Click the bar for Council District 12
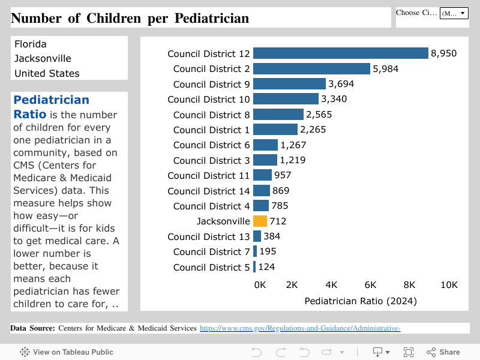pos(340,53)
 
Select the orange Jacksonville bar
pos(260,221)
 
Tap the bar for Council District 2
pos(311,69)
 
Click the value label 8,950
pos(443,53)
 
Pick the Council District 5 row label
pos(211,267)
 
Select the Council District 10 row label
pos(208,99)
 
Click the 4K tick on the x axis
pos(331,284)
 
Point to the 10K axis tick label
pos(449,284)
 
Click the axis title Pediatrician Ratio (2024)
pos(361,300)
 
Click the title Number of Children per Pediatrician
pos(130,18)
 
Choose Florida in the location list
pos(31,44)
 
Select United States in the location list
pos(47,73)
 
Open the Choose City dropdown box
pos(454,13)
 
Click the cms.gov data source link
pos(299,328)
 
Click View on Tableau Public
pos(67,352)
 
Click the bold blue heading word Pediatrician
pos(51,100)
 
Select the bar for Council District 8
pos(278,115)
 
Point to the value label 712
pos(278,221)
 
